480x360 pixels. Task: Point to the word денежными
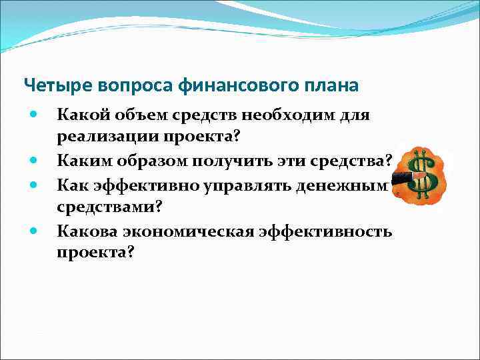[x=353, y=183]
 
